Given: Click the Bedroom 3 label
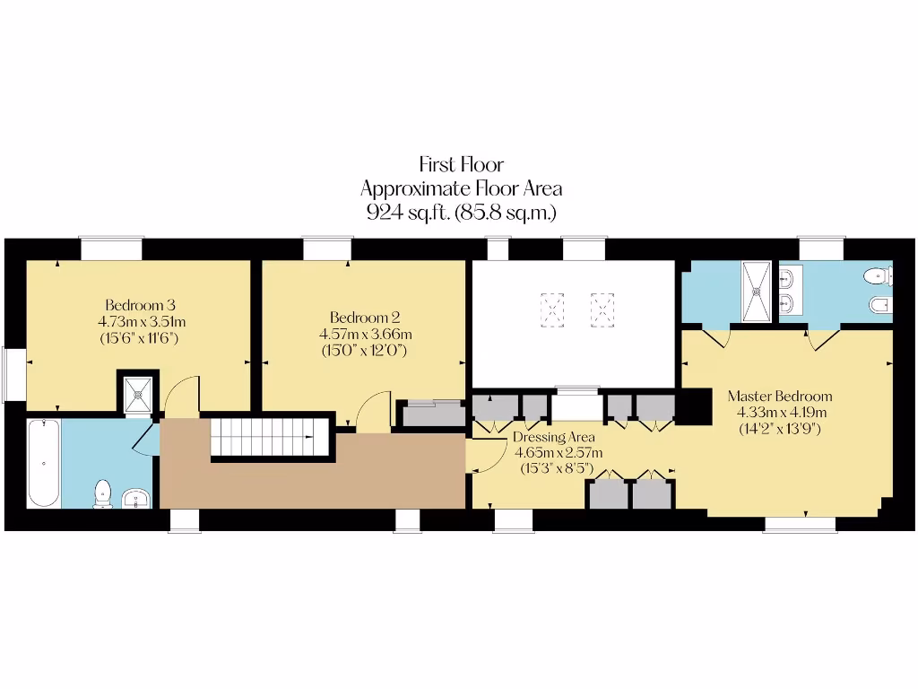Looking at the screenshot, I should coord(133,303).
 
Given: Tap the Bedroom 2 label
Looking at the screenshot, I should coord(364,318).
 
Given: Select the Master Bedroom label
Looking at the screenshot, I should coord(779,396).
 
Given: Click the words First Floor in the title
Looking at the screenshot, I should coord(461,164).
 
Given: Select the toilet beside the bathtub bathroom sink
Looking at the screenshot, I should coord(103,493).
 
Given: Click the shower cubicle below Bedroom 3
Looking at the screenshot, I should coord(138,392).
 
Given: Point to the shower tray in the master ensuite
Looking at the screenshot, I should coord(757,290).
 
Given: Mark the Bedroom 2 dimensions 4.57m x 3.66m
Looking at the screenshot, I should coord(365,335).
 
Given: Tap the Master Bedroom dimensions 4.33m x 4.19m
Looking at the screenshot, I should coord(779,413).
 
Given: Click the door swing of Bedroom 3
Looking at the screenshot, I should coord(182,395).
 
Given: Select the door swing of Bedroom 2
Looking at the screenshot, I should coord(373,409).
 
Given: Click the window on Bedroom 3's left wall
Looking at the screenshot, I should coord(13,373).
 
